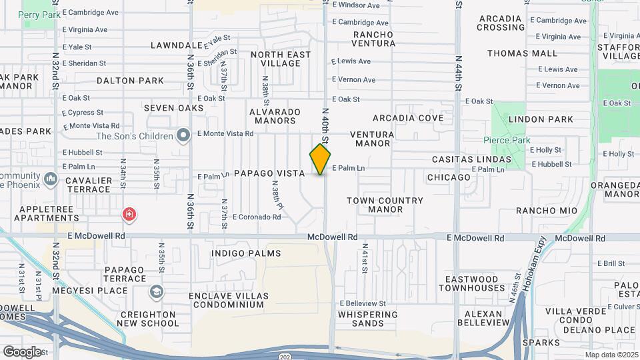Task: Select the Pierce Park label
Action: point(507,141)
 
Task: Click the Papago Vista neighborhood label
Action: point(269,173)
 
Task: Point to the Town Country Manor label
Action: point(385,205)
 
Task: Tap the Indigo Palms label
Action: point(245,253)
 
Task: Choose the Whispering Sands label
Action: point(367,319)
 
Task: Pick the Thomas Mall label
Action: point(522,53)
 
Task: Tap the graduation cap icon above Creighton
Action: point(156,291)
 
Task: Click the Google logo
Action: point(23,351)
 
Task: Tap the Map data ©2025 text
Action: point(611,354)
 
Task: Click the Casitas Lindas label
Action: point(471,159)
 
